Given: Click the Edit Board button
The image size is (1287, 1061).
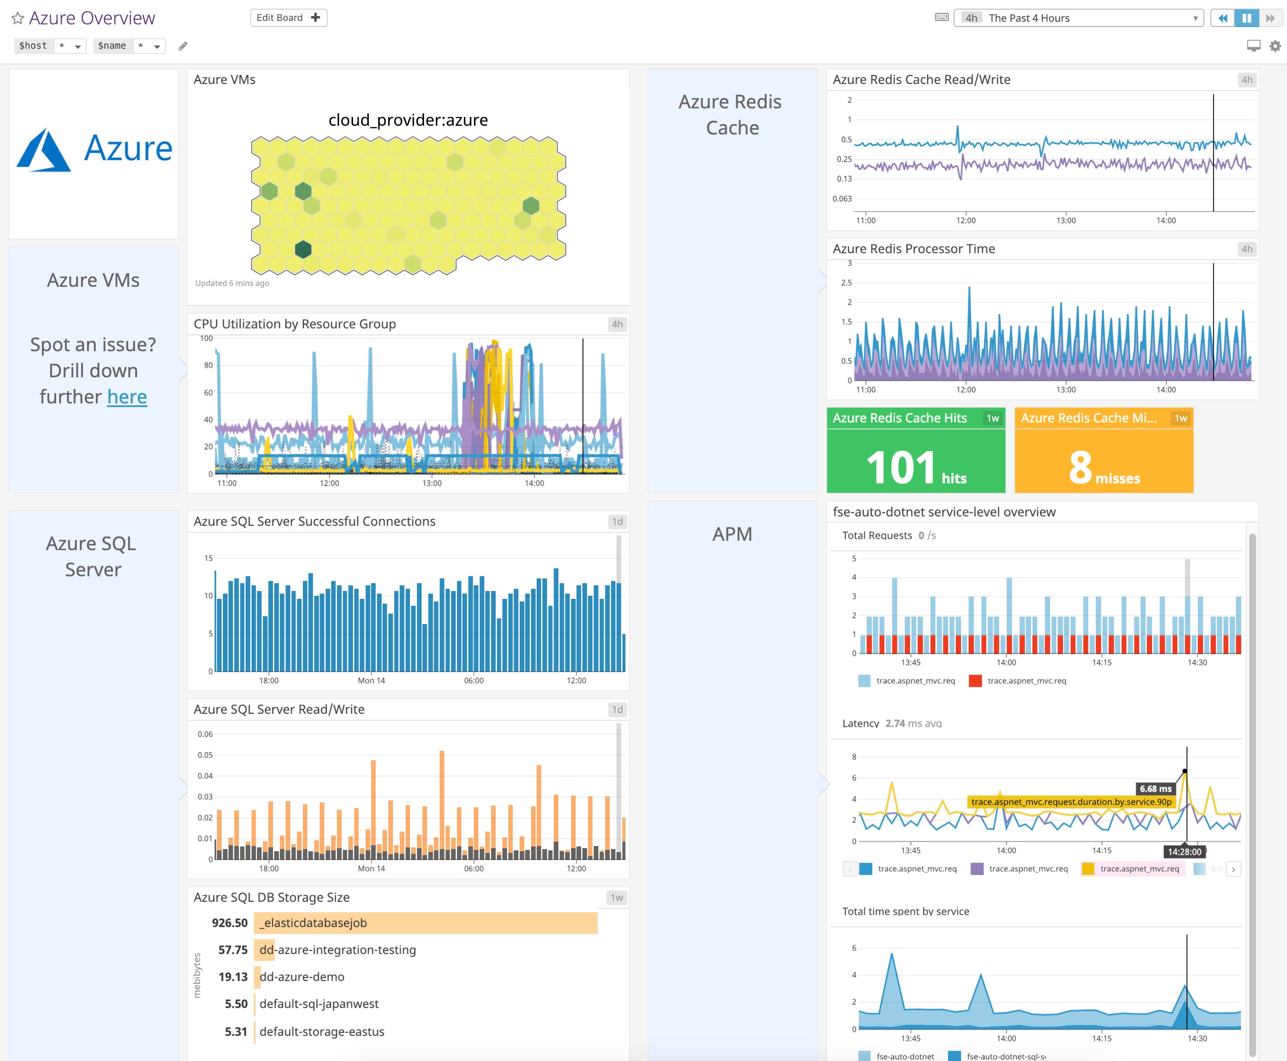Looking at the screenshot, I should point(289,18).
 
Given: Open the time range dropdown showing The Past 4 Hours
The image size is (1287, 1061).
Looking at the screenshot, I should point(1078,18).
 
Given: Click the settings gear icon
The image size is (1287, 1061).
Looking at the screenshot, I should point(1275,46).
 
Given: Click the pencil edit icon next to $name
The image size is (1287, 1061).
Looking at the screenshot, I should point(183,46).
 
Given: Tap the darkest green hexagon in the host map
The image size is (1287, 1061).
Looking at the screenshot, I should point(303,249).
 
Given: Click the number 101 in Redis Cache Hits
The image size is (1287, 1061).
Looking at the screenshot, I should point(901,467).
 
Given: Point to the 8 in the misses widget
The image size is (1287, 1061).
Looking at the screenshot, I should point(1080,467).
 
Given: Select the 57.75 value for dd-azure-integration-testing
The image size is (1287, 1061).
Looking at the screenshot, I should point(233,950).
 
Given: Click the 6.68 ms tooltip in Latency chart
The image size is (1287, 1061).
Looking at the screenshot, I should point(1155,789).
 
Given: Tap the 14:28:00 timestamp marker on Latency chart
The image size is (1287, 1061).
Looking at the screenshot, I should point(1184,851).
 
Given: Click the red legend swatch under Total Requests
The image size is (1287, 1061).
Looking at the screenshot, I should point(975,681).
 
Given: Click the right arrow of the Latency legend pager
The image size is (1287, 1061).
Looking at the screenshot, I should point(1233,869).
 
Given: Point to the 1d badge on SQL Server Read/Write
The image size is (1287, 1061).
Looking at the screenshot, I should point(617,709).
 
